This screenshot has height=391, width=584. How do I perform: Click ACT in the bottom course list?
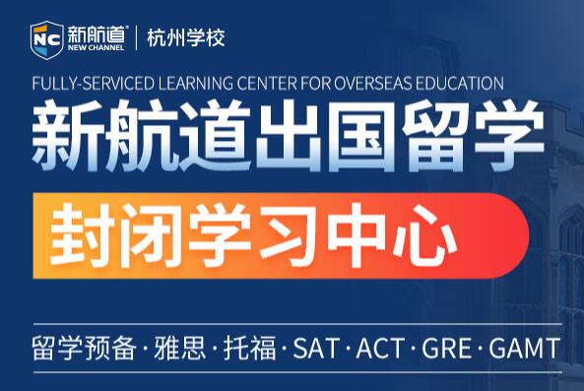point(378,348)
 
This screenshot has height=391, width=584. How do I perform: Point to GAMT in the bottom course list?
point(521,348)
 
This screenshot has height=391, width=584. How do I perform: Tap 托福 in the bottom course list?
point(251,348)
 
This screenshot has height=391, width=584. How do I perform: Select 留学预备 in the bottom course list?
point(83,348)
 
